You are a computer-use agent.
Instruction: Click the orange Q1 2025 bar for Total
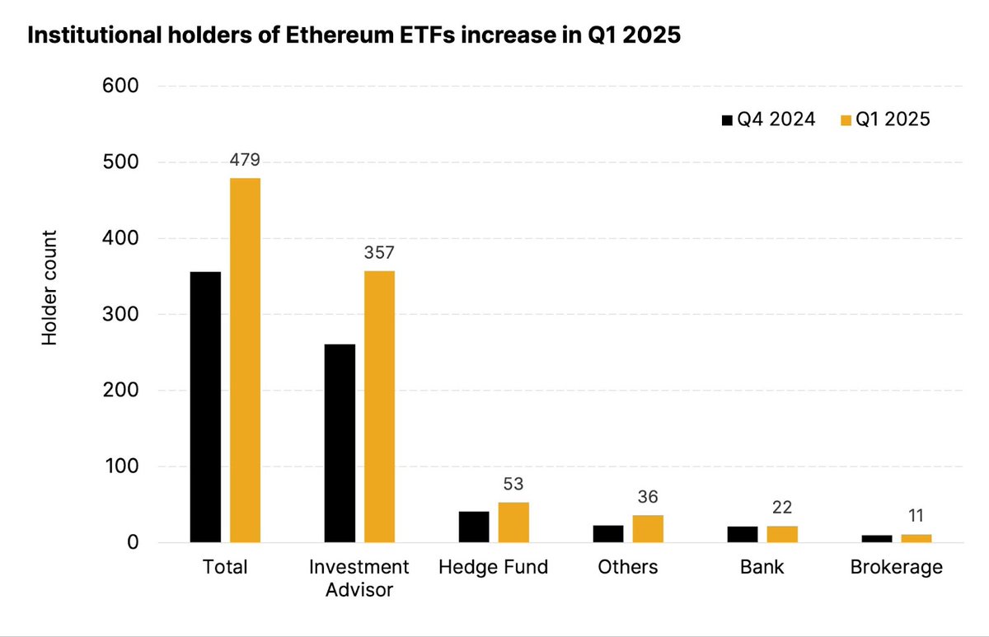[x=246, y=360]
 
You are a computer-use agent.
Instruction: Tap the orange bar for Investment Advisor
[x=379, y=406]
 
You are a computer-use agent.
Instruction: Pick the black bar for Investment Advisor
[x=340, y=443]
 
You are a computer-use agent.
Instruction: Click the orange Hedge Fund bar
[x=513, y=522]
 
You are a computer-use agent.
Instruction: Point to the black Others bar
[x=608, y=533]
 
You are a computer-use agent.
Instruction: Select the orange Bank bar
[x=782, y=533]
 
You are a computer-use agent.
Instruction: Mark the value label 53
[x=513, y=482]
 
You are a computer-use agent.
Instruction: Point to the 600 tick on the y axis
[x=120, y=86]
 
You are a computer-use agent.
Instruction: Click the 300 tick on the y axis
[x=120, y=315]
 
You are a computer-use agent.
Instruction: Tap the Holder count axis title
[x=50, y=288]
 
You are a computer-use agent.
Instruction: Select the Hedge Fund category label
[x=493, y=568]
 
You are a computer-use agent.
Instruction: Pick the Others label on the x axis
[x=629, y=568]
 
